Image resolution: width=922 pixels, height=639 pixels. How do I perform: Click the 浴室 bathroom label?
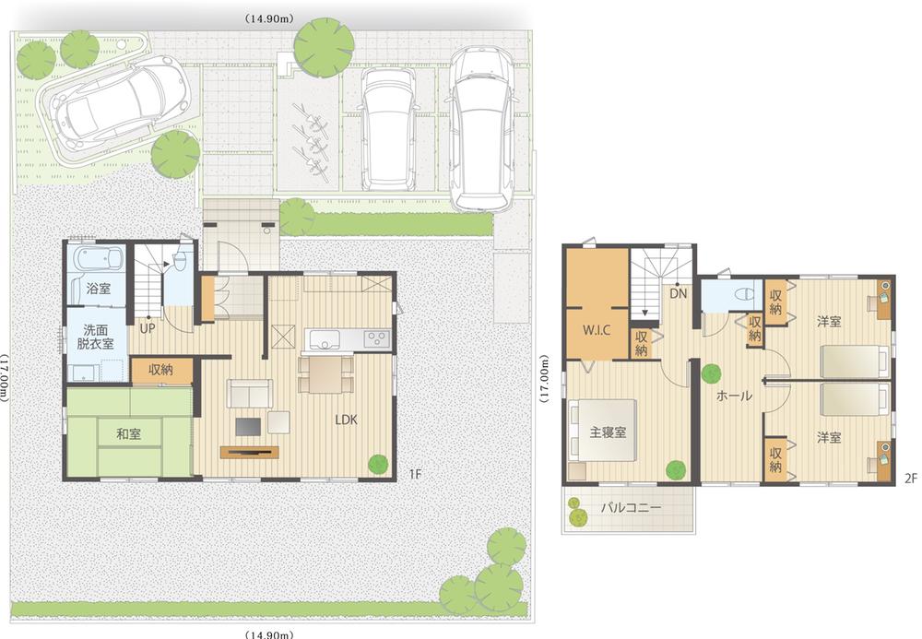[x=99, y=289]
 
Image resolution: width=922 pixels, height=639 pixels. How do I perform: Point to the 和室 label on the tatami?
[x=128, y=433]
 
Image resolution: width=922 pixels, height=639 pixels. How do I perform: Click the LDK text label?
[x=347, y=419]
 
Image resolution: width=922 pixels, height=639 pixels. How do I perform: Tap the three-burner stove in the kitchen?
[x=376, y=337]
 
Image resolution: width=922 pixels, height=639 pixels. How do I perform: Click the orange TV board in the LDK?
[x=249, y=451]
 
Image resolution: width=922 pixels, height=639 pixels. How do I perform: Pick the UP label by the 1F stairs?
[x=148, y=326]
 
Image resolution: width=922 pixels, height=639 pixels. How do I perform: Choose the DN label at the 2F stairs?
[x=679, y=294]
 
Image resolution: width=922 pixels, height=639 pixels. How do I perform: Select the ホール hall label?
[x=734, y=396]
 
